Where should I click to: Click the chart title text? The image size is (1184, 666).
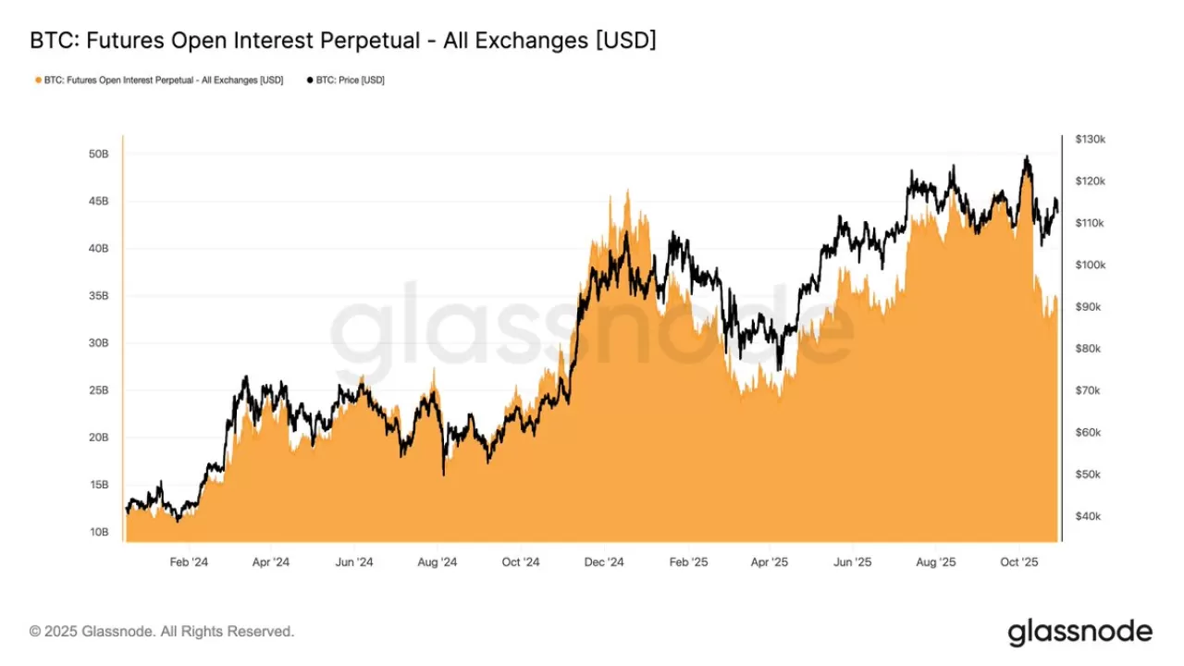pyautogui.click(x=343, y=41)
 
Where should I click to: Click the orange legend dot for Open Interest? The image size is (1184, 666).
pyautogui.click(x=38, y=80)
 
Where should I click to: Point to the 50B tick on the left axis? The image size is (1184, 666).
pyautogui.click(x=99, y=154)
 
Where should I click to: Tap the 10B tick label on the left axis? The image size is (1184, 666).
pyautogui.click(x=99, y=532)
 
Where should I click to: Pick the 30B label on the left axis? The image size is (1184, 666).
pyautogui.click(x=99, y=343)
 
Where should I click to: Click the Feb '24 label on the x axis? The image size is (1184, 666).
pyautogui.click(x=189, y=561)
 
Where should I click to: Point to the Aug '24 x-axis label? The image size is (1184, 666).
pyautogui.click(x=437, y=561)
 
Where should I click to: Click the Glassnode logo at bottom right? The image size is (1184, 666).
pyautogui.click(x=1079, y=632)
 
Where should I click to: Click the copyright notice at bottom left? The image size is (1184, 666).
pyautogui.click(x=162, y=632)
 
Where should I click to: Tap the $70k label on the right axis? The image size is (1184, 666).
pyautogui.click(x=1088, y=390)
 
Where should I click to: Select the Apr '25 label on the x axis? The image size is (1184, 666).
pyautogui.click(x=769, y=561)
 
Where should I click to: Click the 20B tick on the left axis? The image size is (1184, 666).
pyautogui.click(x=99, y=438)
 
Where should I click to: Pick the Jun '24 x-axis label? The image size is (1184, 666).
pyautogui.click(x=353, y=561)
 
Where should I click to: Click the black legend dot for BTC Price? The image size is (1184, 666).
pyautogui.click(x=309, y=80)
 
